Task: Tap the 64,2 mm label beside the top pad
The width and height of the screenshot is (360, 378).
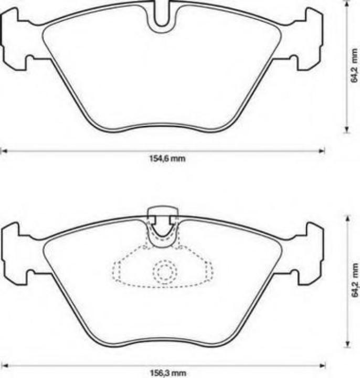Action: coord(355,65)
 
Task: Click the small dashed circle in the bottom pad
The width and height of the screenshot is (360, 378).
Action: coord(165,272)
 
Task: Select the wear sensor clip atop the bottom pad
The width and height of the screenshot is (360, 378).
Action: coord(163,216)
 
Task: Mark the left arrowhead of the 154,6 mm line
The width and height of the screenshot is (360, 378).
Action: coord(3,151)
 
